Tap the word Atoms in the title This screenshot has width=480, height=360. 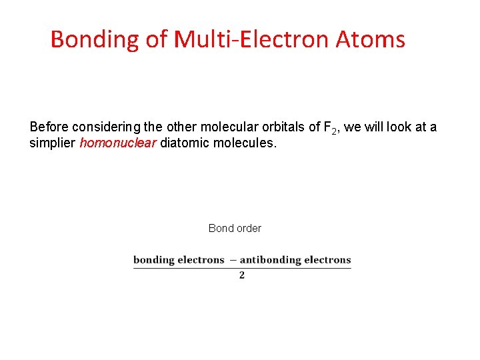click(370, 39)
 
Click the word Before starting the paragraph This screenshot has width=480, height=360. click(49, 127)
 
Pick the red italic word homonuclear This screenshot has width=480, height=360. click(117, 143)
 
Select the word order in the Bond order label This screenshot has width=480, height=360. click(249, 228)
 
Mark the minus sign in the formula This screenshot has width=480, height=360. click(232, 260)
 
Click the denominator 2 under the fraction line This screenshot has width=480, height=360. click(241, 275)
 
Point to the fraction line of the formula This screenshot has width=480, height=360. click(242, 267)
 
